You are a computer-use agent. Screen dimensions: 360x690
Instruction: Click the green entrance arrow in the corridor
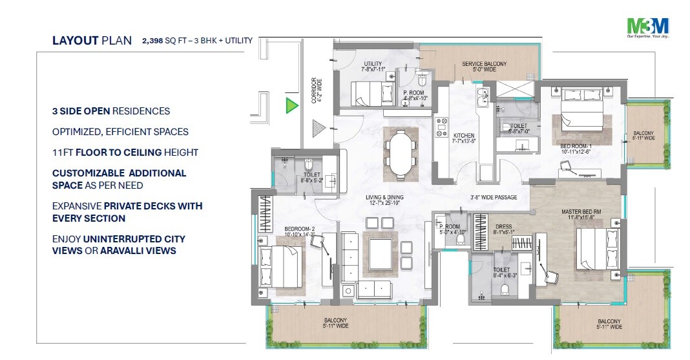[x=292, y=106]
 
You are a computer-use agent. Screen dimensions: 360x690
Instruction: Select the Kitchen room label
[x=463, y=137]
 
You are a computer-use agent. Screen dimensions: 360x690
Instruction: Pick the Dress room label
[x=504, y=230]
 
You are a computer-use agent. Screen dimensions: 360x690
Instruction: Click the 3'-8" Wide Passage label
[x=493, y=198]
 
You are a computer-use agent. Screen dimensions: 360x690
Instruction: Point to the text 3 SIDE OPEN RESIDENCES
[x=111, y=111]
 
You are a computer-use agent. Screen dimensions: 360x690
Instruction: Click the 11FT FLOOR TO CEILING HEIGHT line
[x=125, y=153]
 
